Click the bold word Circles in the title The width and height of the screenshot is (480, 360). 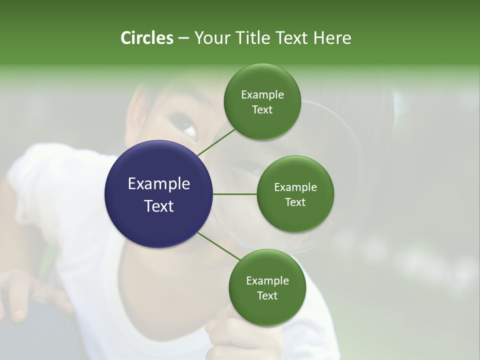[146, 38]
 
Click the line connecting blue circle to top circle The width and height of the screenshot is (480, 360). [216, 142]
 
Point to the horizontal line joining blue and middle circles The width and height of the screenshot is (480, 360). [235, 194]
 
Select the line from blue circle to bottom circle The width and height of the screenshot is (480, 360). [219, 246]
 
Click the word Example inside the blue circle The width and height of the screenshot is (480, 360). [159, 184]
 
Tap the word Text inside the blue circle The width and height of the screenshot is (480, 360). [159, 206]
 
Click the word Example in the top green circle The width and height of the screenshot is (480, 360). [262, 95]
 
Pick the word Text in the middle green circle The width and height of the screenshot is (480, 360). [295, 202]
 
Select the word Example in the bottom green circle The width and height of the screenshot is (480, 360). [267, 281]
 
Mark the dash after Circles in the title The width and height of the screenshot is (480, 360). [183, 38]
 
